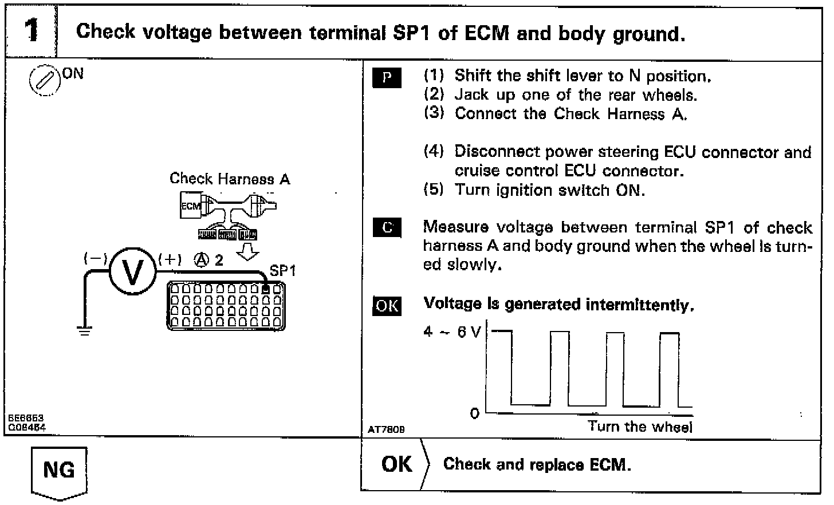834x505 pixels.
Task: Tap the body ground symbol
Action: [x=85, y=330]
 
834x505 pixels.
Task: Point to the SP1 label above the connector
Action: [x=282, y=270]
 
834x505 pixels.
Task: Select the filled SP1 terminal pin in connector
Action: [x=266, y=289]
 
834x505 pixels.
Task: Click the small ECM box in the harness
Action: [x=191, y=207]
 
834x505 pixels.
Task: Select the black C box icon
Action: [x=387, y=228]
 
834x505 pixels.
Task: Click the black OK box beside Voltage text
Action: [x=387, y=306]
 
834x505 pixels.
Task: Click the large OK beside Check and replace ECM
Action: [x=396, y=464]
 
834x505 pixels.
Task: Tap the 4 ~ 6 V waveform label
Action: [x=452, y=332]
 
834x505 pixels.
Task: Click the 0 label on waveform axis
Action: [x=474, y=413]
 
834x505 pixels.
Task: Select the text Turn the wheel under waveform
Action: [x=640, y=427]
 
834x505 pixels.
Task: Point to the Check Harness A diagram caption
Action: [x=230, y=179]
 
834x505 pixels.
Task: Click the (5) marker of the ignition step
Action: [x=434, y=190]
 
